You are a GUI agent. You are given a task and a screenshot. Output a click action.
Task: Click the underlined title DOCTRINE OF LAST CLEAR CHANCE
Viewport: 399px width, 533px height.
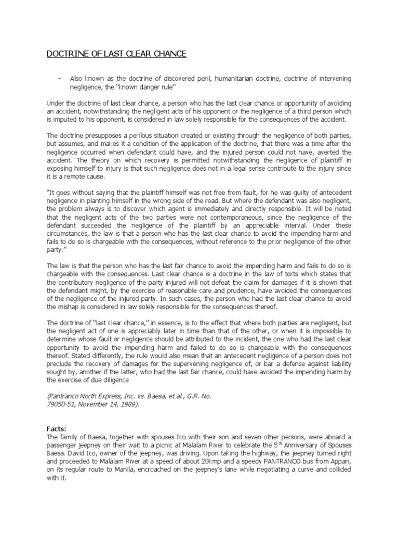(x=116, y=54)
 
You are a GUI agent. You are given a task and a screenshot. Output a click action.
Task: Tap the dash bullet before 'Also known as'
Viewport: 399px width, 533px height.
(x=60, y=78)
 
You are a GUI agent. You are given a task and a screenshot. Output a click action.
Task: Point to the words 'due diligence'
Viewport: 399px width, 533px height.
(x=116, y=380)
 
